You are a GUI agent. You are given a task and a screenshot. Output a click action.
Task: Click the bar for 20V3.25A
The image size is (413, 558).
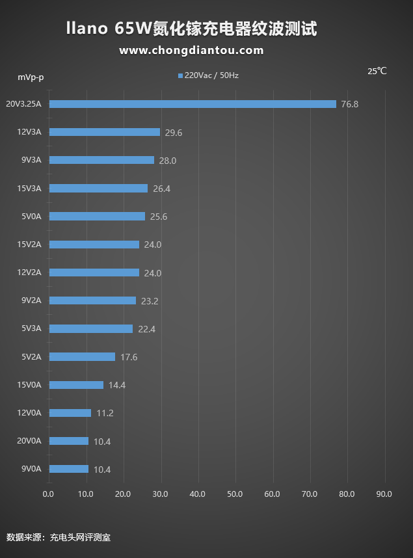pos(193,104)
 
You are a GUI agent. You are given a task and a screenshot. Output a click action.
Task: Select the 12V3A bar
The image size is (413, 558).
pos(105,132)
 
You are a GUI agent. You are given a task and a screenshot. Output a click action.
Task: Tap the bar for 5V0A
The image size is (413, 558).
pos(97,217)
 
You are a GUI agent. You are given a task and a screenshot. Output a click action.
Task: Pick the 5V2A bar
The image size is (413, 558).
pos(82,357)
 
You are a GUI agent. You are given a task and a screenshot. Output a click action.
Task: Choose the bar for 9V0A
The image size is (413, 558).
pos(68,469)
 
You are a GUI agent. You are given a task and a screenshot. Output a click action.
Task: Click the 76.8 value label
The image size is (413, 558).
pos(350,104)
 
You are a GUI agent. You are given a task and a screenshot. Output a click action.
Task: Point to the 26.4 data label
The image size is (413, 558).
pos(161,189)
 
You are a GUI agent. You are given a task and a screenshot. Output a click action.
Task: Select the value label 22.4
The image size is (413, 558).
pos(146,329)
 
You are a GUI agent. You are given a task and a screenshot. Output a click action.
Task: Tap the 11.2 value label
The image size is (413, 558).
pos(105,413)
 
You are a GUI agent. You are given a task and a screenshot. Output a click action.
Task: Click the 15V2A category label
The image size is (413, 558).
pos(29,245)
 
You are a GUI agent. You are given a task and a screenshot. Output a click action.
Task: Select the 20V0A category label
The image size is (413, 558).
pos(29,441)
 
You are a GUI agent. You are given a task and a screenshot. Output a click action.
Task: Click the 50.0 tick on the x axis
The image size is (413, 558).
pos(235,494)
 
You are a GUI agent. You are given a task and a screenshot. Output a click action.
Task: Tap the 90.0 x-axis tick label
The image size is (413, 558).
pos(384,494)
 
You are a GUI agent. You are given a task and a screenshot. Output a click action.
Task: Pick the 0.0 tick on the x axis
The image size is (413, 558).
pos(48,494)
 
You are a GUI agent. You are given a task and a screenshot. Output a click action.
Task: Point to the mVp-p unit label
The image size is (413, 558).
pos(31,77)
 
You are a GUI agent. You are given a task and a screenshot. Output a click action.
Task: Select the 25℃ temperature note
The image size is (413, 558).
pos(377,71)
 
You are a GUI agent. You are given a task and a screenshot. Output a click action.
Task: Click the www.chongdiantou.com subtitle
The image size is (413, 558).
pos(191,50)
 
